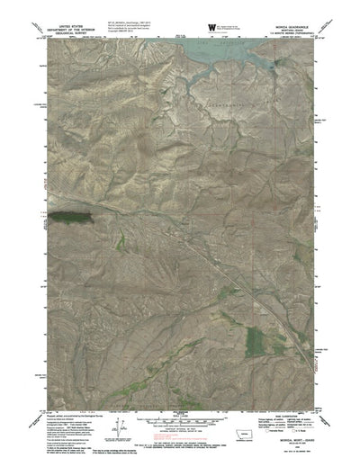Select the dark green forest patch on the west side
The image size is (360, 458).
click(x=72, y=215)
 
